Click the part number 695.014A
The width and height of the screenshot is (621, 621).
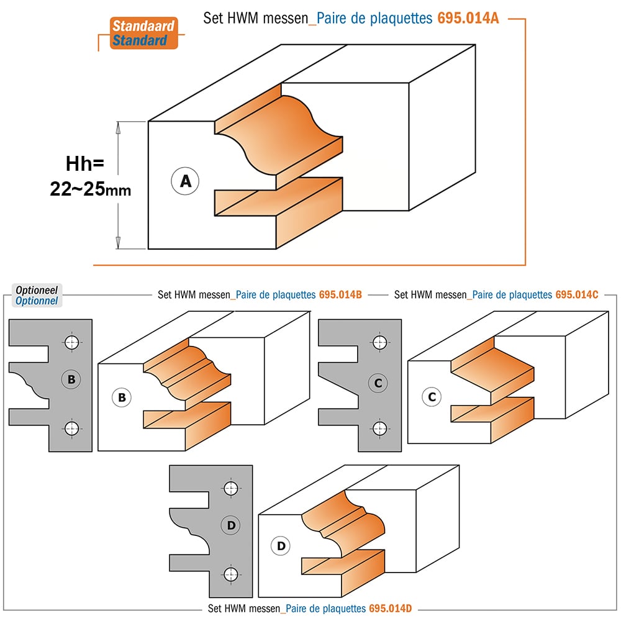pos(468,18)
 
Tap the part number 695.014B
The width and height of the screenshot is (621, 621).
pos(340,294)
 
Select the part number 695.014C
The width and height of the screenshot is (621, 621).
pos(577,294)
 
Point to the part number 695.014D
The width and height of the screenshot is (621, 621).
pos(390,609)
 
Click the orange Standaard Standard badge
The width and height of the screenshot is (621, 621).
pos(144,34)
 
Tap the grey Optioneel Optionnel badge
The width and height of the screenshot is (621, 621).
pos(37,296)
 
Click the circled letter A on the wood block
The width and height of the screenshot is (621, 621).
pos(185,181)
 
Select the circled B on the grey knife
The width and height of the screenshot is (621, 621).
pos(71,379)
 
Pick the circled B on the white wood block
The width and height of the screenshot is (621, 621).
pos(122,397)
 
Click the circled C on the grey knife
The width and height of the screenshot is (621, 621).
pos(378,383)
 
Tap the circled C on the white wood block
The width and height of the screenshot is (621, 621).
pos(432,397)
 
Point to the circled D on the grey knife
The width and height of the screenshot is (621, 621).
pos(231,525)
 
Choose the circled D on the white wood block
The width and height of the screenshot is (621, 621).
pos(281,546)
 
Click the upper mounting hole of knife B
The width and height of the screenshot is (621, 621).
pos(71,342)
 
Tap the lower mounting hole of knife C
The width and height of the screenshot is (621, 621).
pos(380,428)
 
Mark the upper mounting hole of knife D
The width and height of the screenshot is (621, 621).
pos(231,488)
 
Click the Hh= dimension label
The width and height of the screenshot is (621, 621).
pos(84,163)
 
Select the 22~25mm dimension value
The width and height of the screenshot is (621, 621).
pos(90,189)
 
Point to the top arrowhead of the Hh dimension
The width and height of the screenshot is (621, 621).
pos(118,128)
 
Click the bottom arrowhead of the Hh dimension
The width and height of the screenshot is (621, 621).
pos(118,242)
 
